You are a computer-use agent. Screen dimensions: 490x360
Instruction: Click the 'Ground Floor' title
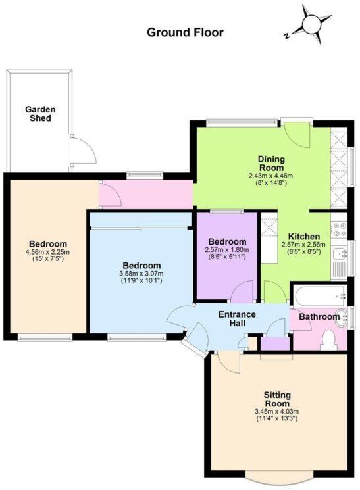pyautogui.click(x=185, y=32)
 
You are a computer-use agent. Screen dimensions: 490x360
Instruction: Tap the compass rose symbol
pyautogui.click(x=309, y=26)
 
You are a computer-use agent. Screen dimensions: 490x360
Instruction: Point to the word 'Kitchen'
pyautogui.click(x=303, y=237)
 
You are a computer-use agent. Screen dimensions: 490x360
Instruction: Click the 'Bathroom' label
pyautogui.click(x=319, y=317)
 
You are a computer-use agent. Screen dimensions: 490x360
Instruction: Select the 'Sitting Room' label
pyautogui.click(x=278, y=399)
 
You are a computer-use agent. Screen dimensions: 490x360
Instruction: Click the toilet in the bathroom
pyautogui.click(x=330, y=339)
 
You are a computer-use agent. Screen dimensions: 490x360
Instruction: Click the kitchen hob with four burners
pyautogui.click(x=340, y=230)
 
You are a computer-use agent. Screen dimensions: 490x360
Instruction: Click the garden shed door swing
pyautogui.click(x=83, y=150)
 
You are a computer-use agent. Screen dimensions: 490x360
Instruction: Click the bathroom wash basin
pyautogui.click(x=342, y=317)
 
